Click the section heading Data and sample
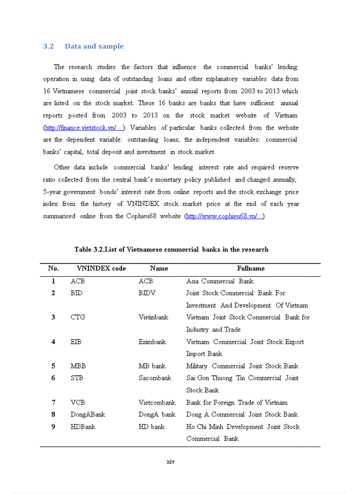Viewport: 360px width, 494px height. pyautogui.click(x=94, y=46)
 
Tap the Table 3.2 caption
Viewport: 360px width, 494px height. pyautogui.click(x=171, y=250)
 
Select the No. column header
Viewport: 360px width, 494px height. pyautogui.click(x=53, y=269)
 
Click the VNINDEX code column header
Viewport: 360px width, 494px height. pyautogui.click(x=101, y=269)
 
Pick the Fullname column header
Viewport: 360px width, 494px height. pyautogui.click(x=250, y=269)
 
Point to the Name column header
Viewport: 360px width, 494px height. pyautogui.click(x=159, y=269)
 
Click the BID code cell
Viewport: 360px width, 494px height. pyautogui.click(x=76, y=293)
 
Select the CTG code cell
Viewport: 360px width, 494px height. pyautogui.click(x=78, y=317)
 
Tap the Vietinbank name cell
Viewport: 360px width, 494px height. pyautogui.click(x=153, y=317)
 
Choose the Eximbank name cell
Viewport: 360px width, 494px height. pyautogui.click(x=152, y=342)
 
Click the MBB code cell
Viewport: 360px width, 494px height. pyautogui.click(x=78, y=366)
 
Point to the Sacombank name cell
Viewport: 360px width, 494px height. pyautogui.click(x=155, y=378)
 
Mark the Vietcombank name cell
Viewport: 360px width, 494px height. pyautogui.click(x=157, y=403)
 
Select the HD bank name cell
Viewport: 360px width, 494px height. pyautogui.click(x=151, y=427)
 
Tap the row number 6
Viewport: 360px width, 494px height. pyautogui.click(x=53, y=378)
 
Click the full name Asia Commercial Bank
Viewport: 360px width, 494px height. pyautogui.click(x=220, y=281)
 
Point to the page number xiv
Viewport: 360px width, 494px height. pyautogui.click(x=171, y=462)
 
